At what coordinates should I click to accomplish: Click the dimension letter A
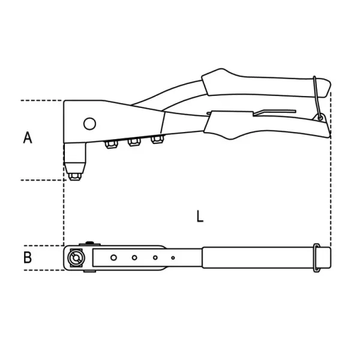(x=28, y=137)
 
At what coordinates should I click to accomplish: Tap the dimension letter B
(x=28, y=257)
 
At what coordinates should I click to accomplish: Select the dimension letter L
(x=200, y=216)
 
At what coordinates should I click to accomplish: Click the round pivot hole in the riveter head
(x=89, y=124)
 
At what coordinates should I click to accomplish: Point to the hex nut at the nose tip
(x=75, y=176)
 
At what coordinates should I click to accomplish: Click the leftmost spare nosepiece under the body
(x=111, y=144)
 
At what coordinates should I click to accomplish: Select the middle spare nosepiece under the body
(x=134, y=142)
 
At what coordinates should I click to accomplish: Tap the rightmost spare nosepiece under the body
(x=157, y=139)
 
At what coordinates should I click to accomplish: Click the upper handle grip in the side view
(x=264, y=85)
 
